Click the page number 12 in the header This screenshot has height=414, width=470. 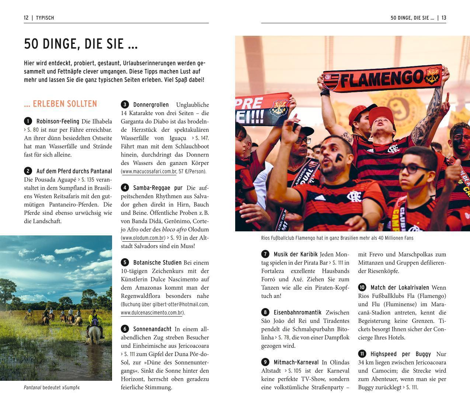pyautogui.click(x=26, y=18)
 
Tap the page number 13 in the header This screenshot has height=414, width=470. pyautogui.click(x=443, y=18)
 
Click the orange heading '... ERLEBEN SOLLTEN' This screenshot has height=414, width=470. pyautogui.click(x=60, y=104)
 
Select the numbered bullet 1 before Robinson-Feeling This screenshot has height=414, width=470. pyautogui.click(x=28, y=121)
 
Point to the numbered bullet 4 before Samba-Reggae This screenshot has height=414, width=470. pyautogui.click(x=125, y=188)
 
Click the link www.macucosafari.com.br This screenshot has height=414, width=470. pyautogui.click(x=149, y=172)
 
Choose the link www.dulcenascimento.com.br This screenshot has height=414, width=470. pyautogui.click(x=152, y=313)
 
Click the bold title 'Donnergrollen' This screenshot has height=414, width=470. pyautogui.click(x=151, y=105)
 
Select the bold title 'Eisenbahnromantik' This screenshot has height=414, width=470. pyautogui.click(x=297, y=313)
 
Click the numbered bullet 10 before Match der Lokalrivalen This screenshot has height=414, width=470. pyautogui.click(x=362, y=287)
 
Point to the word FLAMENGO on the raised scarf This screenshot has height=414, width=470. pyautogui.click(x=381, y=79)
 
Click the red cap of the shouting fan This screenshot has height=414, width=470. pyautogui.click(x=384, y=114)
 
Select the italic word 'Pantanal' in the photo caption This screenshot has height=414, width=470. pyautogui.click(x=32, y=388)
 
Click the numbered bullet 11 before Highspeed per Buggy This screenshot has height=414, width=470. pyautogui.click(x=362, y=354)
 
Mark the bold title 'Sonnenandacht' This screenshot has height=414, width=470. pyautogui.click(x=152, y=329)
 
